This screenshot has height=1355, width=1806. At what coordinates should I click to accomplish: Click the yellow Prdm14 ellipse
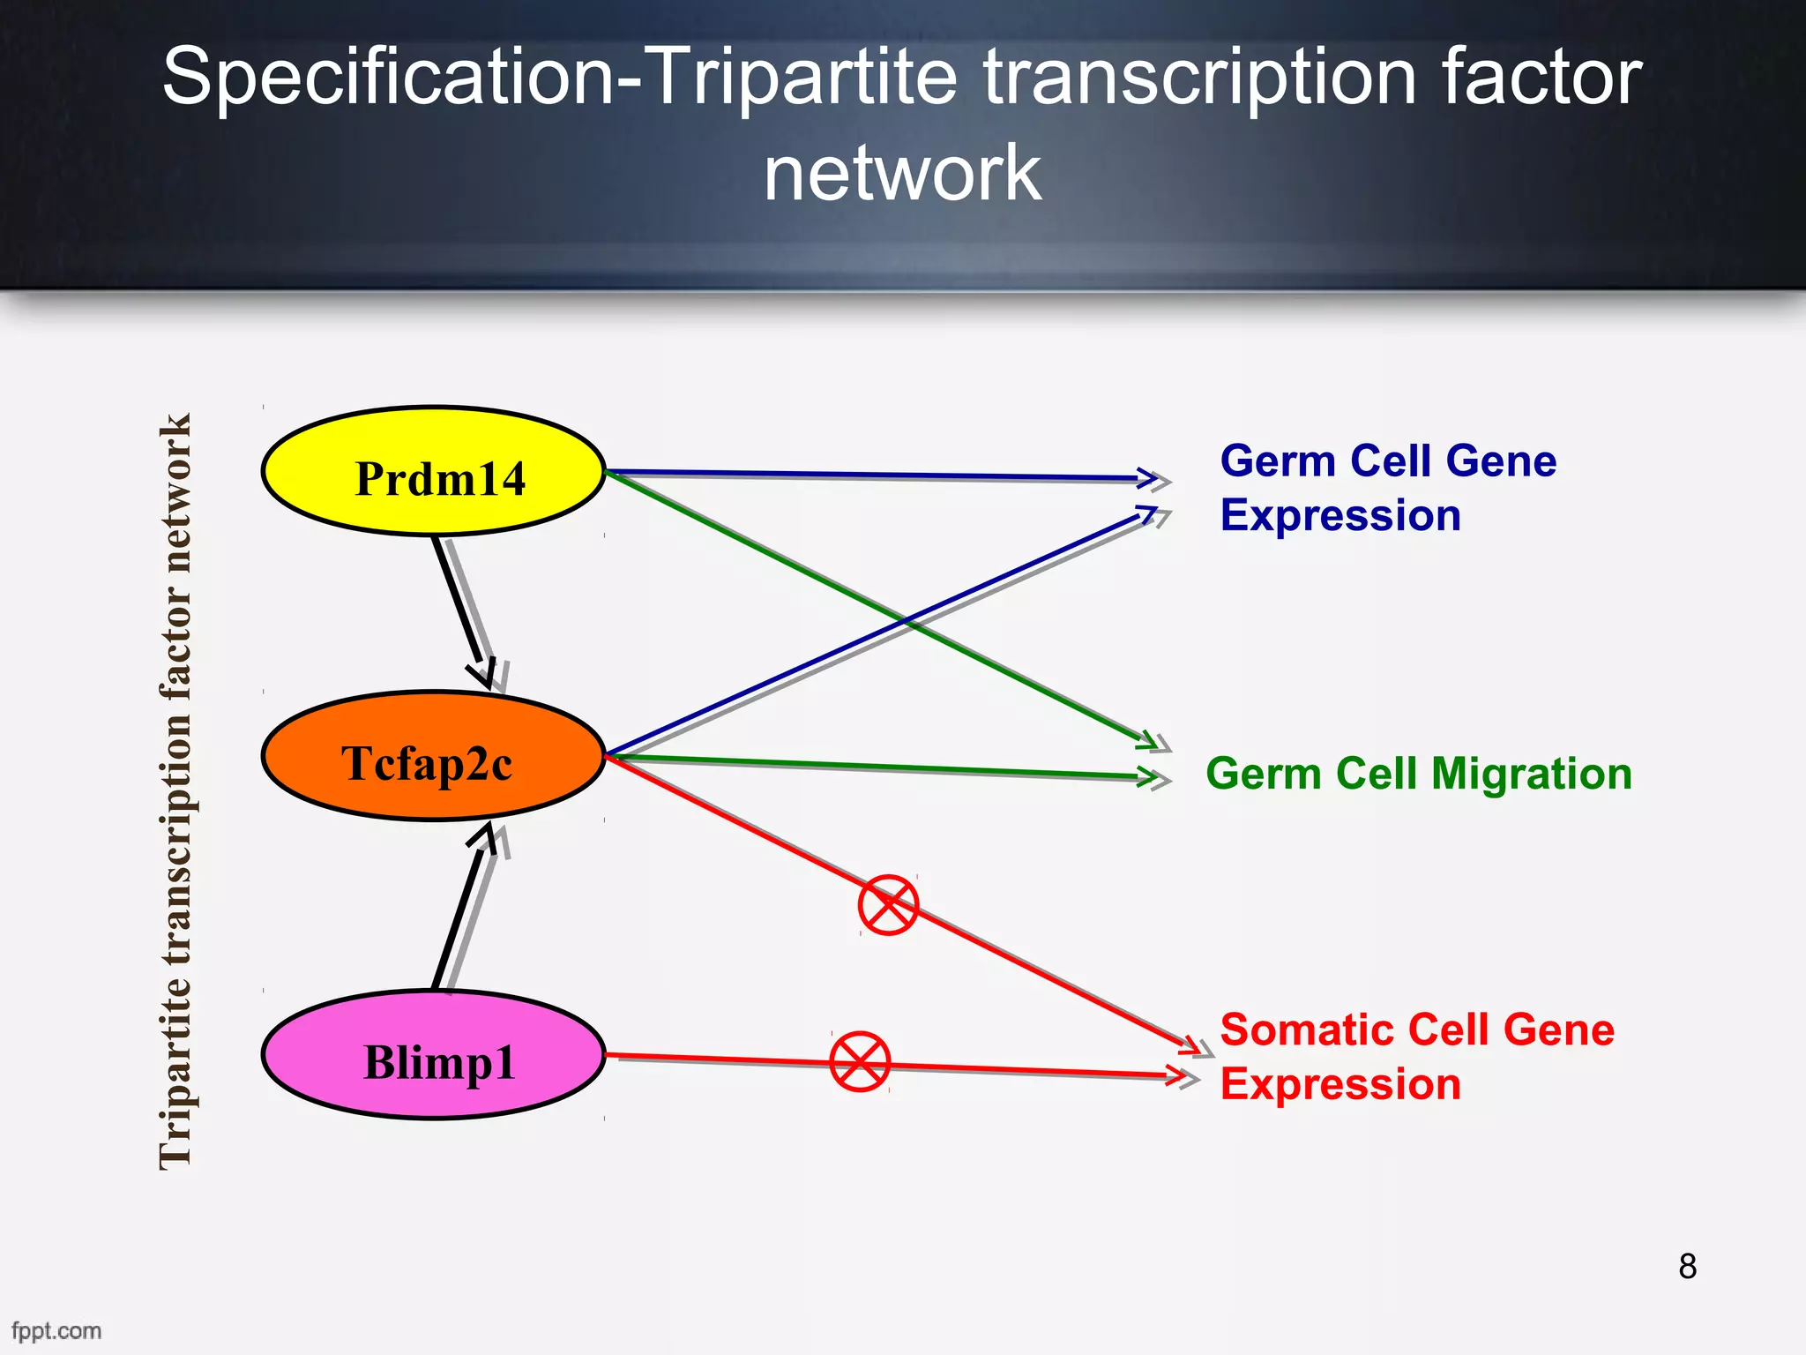coord(433,471)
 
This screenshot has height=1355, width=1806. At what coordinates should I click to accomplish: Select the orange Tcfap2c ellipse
coord(433,756)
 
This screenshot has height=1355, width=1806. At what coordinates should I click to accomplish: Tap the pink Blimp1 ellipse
coord(433,1055)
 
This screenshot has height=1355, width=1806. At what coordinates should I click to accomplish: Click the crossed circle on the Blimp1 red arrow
coord(860,1061)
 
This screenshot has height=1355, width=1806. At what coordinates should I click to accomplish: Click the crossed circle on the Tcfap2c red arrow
coord(888,905)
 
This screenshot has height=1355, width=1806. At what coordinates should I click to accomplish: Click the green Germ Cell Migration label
coord(1418,774)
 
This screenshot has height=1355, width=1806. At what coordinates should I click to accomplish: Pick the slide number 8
coord(1687,1266)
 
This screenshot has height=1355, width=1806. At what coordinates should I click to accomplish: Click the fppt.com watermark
coord(56,1330)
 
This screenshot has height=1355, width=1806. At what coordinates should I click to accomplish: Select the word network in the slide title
coord(902,172)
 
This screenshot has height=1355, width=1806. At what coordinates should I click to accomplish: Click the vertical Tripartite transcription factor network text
coord(175,791)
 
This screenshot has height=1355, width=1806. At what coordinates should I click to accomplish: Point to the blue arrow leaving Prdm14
coord(882,475)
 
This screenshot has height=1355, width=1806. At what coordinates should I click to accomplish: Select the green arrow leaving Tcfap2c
coord(882,767)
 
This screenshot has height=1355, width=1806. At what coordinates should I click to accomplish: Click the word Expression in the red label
coord(1340,1084)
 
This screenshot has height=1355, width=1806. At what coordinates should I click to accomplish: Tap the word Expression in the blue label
coord(1340,515)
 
